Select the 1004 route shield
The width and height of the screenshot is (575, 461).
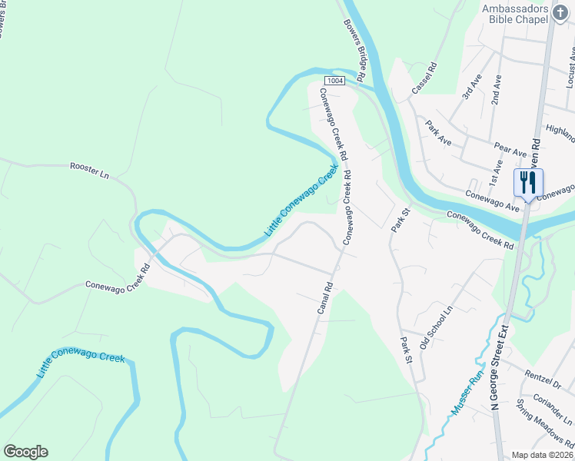coord(334,81)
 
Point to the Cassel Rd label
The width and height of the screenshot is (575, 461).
coord(423,78)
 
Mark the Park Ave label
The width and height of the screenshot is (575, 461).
coord(438,133)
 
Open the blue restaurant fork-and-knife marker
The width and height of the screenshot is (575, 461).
coord(528,183)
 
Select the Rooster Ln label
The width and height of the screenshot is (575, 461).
coord(89,171)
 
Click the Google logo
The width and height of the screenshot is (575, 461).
coord(25,452)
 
